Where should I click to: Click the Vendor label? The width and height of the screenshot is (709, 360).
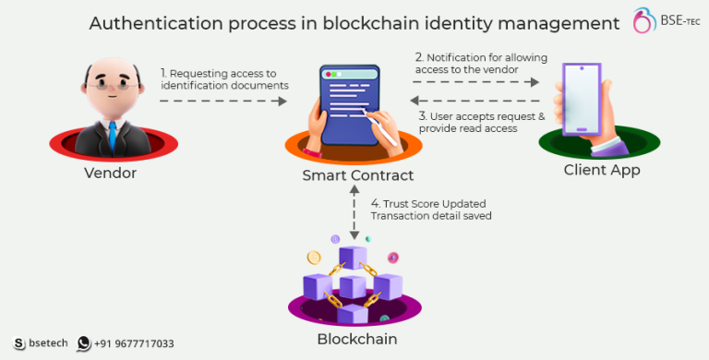[x=110, y=172]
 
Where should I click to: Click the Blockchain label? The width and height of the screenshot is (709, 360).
[x=357, y=338]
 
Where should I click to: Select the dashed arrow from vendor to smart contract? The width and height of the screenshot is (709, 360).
[x=222, y=100]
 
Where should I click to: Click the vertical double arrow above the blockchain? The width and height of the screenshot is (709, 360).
[x=354, y=213]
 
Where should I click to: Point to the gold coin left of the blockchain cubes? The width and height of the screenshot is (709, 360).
[x=314, y=256]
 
